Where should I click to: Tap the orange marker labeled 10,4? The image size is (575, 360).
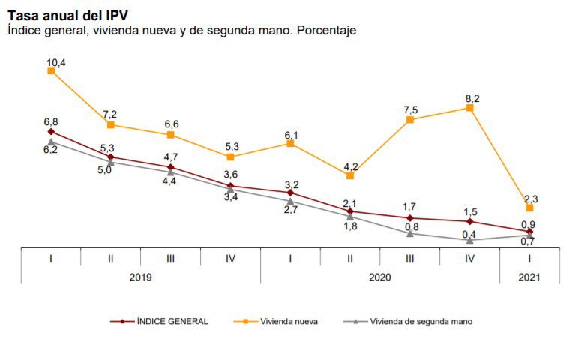51,70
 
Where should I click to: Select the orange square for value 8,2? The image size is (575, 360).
470,108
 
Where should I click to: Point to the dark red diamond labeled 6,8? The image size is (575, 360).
51,132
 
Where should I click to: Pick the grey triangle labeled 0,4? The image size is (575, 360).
470,240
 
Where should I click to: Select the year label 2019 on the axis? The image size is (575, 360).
141,277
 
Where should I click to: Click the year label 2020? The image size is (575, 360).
379,277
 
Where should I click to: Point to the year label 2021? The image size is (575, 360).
529,277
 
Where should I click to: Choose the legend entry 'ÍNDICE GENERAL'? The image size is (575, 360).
172,321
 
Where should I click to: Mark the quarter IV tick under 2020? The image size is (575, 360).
470,258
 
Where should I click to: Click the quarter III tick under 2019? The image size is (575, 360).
171,258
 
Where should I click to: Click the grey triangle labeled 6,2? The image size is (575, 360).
51,141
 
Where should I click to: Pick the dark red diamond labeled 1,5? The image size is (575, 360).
470,221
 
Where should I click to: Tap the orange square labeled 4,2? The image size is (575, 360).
350,175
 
